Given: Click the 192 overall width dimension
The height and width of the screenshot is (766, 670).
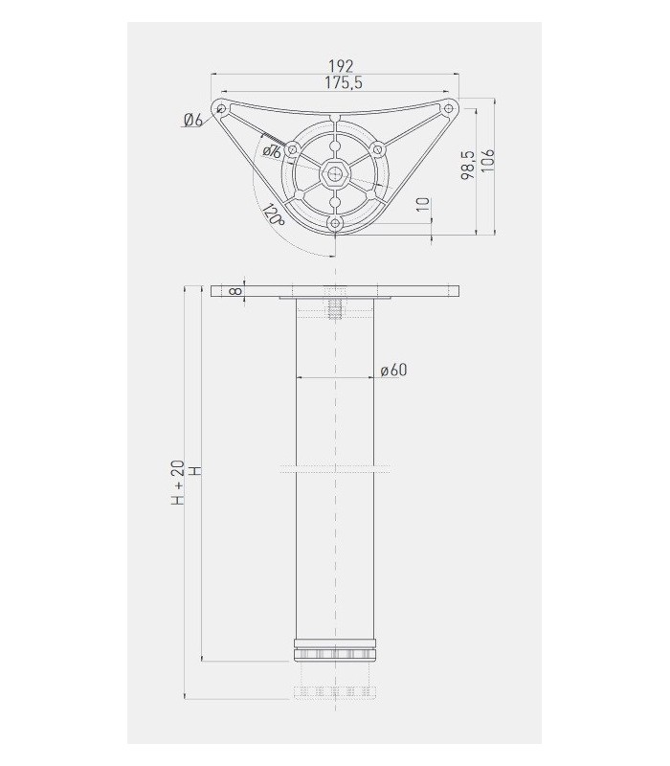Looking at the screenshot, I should pyautogui.click(x=341, y=65).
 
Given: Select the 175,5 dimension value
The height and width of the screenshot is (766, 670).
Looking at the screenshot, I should pyautogui.click(x=341, y=83).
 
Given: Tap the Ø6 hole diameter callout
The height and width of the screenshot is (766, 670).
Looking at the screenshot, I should pyautogui.click(x=191, y=120).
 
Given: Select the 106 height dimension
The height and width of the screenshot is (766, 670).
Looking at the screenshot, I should pyautogui.click(x=487, y=160).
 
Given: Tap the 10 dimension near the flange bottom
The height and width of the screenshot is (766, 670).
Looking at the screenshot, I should pyautogui.click(x=422, y=205).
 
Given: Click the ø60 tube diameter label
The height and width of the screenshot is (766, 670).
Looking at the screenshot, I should pyautogui.click(x=393, y=371).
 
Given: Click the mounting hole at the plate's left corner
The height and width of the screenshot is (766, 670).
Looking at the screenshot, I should pyautogui.click(x=221, y=108).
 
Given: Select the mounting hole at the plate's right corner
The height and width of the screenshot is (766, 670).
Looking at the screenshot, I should pyautogui.click(x=448, y=108).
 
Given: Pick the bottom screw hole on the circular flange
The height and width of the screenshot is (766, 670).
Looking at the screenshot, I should pyautogui.click(x=335, y=223).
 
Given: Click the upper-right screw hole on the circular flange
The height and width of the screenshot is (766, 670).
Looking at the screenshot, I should pyautogui.click(x=377, y=149).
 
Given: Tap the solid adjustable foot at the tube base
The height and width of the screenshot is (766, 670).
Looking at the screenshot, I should pyautogui.click(x=335, y=652).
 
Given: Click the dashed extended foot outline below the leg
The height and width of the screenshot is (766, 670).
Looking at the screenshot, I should pyautogui.click(x=335, y=691).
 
